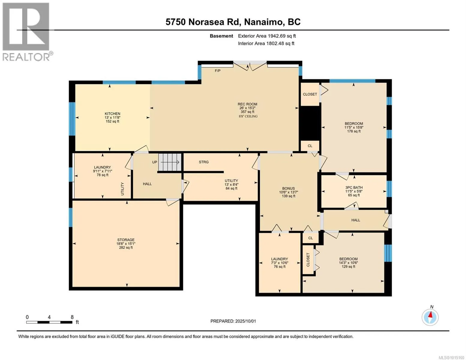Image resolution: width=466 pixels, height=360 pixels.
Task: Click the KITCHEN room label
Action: pyautogui.click(x=112, y=114)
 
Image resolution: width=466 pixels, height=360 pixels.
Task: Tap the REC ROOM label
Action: pyautogui.click(x=247, y=104)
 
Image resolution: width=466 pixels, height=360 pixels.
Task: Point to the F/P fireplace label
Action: pyautogui.click(x=218, y=70)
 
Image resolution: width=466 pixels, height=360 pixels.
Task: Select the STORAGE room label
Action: pyautogui.click(x=126, y=240)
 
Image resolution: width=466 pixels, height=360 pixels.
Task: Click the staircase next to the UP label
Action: pyautogui.click(x=170, y=162)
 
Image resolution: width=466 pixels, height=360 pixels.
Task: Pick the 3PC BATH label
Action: pyautogui.click(x=354, y=187)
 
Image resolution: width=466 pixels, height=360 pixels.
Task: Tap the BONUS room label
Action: pyautogui.click(x=288, y=188)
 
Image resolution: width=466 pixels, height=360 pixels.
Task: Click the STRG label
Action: pyautogui.click(x=203, y=162)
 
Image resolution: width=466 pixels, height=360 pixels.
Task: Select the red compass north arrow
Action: pyautogui.click(x=430, y=314)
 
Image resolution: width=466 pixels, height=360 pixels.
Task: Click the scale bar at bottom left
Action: pyautogui.click(x=49, y=322)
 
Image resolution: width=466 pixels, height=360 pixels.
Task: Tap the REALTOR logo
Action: pyautogui.click(x=26, y=32)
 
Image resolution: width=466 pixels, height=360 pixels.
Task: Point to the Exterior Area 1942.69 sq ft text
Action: pyautogui.click(x=267, y=36)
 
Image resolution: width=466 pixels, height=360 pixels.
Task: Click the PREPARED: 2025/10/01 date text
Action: pyautogui.click(x=233, y=321)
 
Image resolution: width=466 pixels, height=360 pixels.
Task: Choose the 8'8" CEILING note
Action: pyautogui.click(x=248, y=116)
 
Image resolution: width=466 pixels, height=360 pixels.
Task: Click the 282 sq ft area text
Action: pyautogui.click(x=126, y=247)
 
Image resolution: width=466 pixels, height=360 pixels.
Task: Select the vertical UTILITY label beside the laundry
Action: pyautogui.click(x=122, y=189)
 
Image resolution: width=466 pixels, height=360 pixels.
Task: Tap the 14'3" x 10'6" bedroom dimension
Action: pyautogui.click(x=348, y=263)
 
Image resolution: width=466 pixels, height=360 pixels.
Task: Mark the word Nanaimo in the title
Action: pyautogui.click(x=263, y=22)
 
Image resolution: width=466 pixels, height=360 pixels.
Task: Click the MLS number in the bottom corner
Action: pyautogui.click(x=452, y=358)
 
